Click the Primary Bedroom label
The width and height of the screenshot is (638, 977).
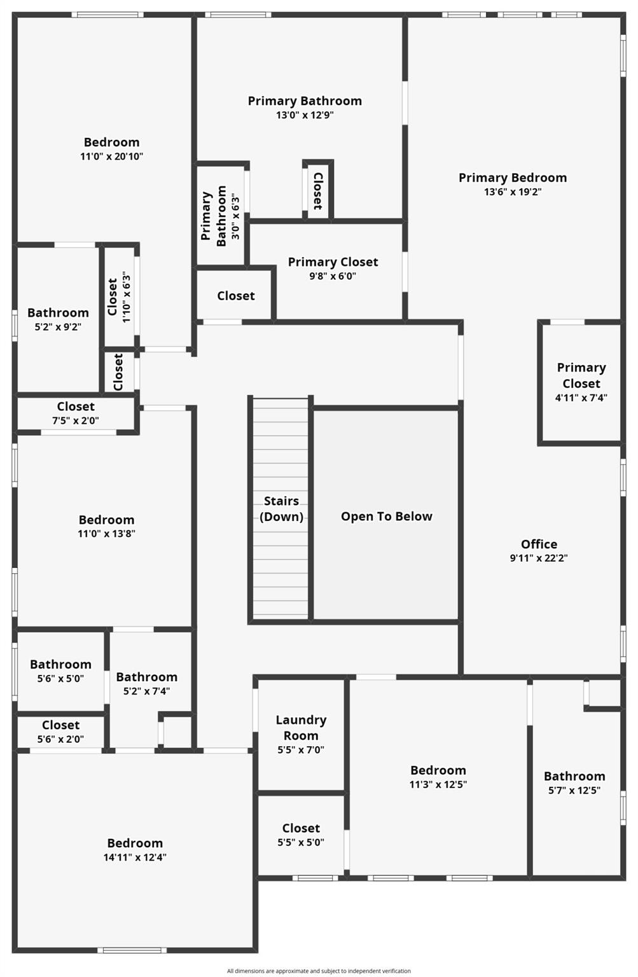[x=513, y=178]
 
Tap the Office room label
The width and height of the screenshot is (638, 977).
[x=539, y=544]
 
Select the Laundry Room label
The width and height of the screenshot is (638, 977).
[x=301, y=728]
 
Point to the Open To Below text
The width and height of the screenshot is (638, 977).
[x=386, y=516]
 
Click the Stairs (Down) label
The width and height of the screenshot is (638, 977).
[x=281, y=509]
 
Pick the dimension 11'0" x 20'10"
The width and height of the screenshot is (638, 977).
[x=112, y=156]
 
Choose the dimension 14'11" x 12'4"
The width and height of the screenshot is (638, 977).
[x=135, y=857]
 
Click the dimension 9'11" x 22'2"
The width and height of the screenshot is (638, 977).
[x=539, y=558]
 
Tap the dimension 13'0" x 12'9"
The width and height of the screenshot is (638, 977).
[x=305, y=115]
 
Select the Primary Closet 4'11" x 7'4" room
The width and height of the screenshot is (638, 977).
[x=581, y=382]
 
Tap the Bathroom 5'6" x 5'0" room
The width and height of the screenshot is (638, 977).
[x=60, y=671]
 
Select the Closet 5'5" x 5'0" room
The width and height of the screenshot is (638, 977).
[x=301, y=835]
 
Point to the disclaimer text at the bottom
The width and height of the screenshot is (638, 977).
[x=319, y=971]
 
